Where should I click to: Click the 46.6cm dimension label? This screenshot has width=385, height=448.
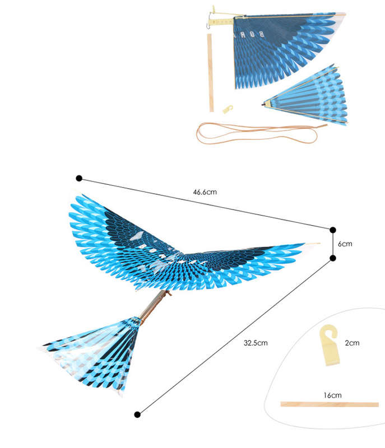[205, 192]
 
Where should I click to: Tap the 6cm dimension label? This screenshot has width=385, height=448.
[345, 244]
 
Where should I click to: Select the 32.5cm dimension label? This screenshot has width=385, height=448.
[256, 343]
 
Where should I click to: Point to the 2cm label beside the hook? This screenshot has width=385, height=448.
[352, 343]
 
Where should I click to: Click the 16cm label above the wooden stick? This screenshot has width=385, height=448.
[332, 395]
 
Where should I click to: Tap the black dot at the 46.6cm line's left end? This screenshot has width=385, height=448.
[79, 178]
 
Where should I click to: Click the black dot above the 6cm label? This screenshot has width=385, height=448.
[333, 230]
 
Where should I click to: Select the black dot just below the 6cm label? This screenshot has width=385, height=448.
[333, 258]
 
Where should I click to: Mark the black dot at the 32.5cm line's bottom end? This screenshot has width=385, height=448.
[137, 414]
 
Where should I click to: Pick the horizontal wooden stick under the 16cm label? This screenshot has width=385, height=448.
[330, 404]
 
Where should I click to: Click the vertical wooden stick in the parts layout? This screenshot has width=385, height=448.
[210, 73]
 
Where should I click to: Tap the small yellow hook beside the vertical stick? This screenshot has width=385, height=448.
[228, 109]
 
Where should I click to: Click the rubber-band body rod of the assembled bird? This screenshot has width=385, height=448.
[154, 306]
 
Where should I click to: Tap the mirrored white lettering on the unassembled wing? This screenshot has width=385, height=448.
[248, 35]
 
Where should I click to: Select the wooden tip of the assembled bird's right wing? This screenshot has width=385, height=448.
[312, 244]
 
